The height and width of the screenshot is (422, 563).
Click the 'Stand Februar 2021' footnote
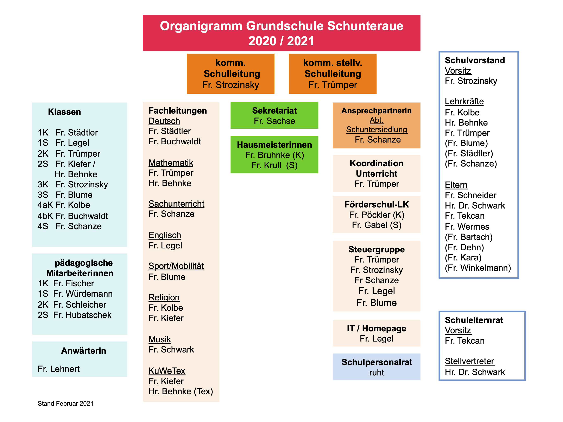[65, 403]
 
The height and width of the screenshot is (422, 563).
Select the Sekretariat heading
[274, 111]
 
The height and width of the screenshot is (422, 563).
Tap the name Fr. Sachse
[274, 121]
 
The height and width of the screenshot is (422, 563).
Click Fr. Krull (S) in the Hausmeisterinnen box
[274, 165]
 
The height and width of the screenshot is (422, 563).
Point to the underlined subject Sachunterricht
[176, 204]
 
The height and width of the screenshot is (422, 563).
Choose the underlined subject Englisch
[165, 235]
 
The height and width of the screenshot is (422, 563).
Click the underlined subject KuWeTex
[167, 371]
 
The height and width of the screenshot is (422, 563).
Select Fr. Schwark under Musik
[171, 349]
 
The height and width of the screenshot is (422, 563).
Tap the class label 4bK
[45, 216]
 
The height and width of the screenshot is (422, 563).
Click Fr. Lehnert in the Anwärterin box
[58, 369]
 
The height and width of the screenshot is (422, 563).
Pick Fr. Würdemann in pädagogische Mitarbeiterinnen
[83, 294]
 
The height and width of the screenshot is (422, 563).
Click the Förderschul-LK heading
[377, 205]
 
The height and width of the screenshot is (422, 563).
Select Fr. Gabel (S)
[377, 225]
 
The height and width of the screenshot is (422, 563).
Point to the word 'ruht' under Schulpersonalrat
[377, 373]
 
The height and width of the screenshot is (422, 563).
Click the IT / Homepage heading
[377, 328]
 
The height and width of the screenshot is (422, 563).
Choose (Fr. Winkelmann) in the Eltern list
[478, 268]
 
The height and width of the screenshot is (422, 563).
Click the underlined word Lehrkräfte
[464, 101]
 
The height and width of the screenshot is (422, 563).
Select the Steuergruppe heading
[377, 249]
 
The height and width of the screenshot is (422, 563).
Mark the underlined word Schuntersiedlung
[377, 129]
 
